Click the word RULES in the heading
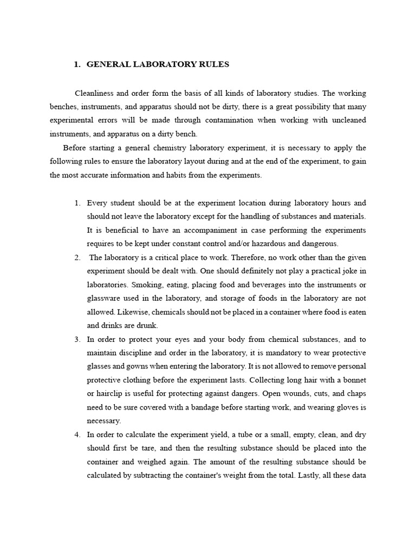pos(214,64)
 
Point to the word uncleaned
pos(346,120)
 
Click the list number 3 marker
pos(77,339)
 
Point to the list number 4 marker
pos(77,434)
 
